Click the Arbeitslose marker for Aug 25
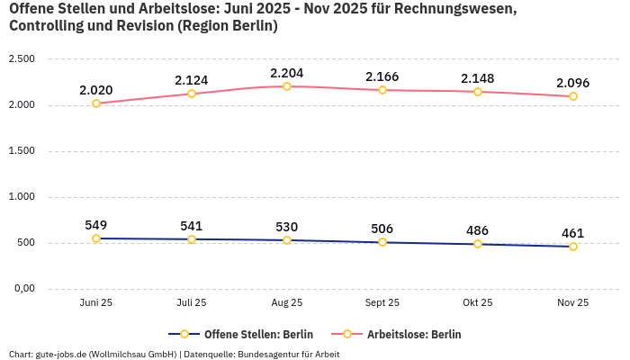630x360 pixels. click(287, 86)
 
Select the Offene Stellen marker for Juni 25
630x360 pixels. click(96, 238)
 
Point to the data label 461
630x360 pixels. click(573, 233)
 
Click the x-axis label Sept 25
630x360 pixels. click(382, 303)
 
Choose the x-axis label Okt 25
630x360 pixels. click(478, 303)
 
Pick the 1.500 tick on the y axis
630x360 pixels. click(21, 151)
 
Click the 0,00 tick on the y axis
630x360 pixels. click(22, 289)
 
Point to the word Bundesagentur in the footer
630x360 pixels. click(280, 354)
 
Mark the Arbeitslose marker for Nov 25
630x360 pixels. click(573, 96)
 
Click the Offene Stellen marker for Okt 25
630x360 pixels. click(478, 244)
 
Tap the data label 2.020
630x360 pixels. click(96, 90)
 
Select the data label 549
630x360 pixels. click(96, 225)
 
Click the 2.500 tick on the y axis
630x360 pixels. click(21, 59)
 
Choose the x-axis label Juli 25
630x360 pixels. click(192, 303)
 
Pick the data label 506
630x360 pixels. click(382, 229)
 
